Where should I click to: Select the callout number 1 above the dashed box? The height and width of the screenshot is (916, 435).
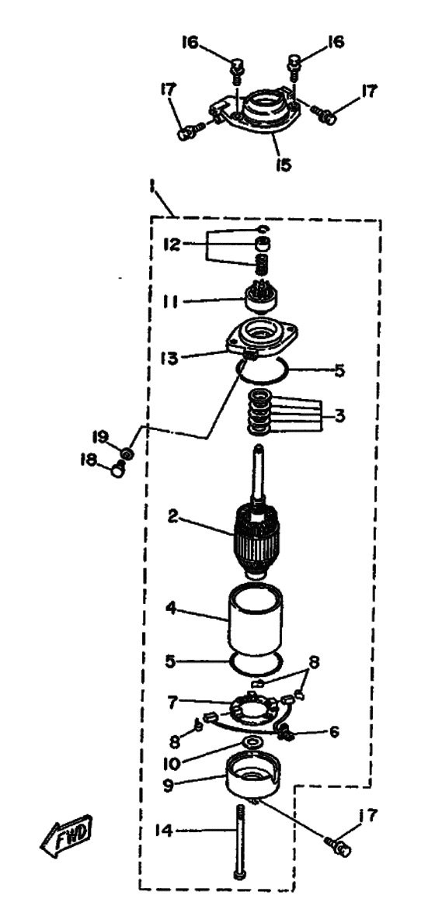pos(152,187)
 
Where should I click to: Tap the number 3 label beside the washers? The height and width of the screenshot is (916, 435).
pos(339,417)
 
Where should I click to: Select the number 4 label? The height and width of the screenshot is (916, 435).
pos(172,607)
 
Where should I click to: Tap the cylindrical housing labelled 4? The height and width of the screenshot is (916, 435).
pos(254,619)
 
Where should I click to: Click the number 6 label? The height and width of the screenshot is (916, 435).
pos(334,731)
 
